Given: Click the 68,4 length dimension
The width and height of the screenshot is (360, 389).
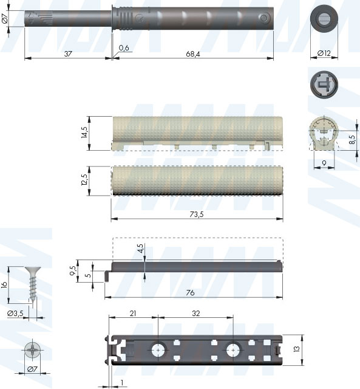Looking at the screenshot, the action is coord(193,54).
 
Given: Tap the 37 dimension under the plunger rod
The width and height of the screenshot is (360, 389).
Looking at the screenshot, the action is coord(68,54).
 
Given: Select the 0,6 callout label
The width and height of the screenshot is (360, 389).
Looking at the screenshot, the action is coord(124,47).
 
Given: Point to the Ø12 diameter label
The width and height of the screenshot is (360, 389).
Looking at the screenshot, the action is coord(324,53).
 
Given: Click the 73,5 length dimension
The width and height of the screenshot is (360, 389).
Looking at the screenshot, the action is coord(197,214).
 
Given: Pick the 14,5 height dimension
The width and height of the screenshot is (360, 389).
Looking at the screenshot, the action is coord(84,133).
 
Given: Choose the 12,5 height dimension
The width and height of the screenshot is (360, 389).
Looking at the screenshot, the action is coord(84,180).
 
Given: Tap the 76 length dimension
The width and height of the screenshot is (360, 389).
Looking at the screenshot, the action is coord(190,293).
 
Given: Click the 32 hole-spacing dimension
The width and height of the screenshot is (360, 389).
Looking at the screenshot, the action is coord(195,314).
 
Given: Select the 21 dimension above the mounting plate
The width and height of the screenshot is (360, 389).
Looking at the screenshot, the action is coord(133,314).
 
